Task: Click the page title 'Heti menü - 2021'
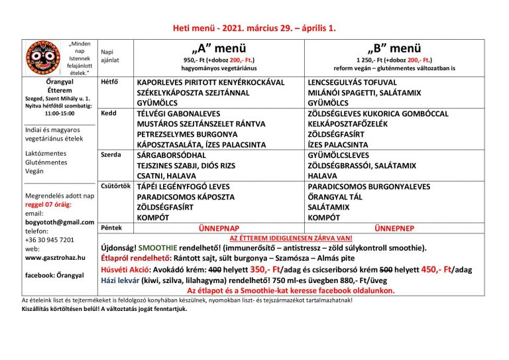tap(254, 29)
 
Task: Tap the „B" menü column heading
tap(394, 48)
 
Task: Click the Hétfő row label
tap(109, 82)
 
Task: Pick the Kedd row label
tap(108, 113)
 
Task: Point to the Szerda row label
tap(110, 154)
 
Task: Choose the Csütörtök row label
tap(115, 186)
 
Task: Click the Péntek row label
tap(111, 227)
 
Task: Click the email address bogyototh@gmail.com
tap(60, 221)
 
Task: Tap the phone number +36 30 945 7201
tap(50, 239)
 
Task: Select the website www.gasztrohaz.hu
tap(55, 257)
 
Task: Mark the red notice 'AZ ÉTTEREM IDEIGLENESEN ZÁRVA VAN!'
tap(290, 237)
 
